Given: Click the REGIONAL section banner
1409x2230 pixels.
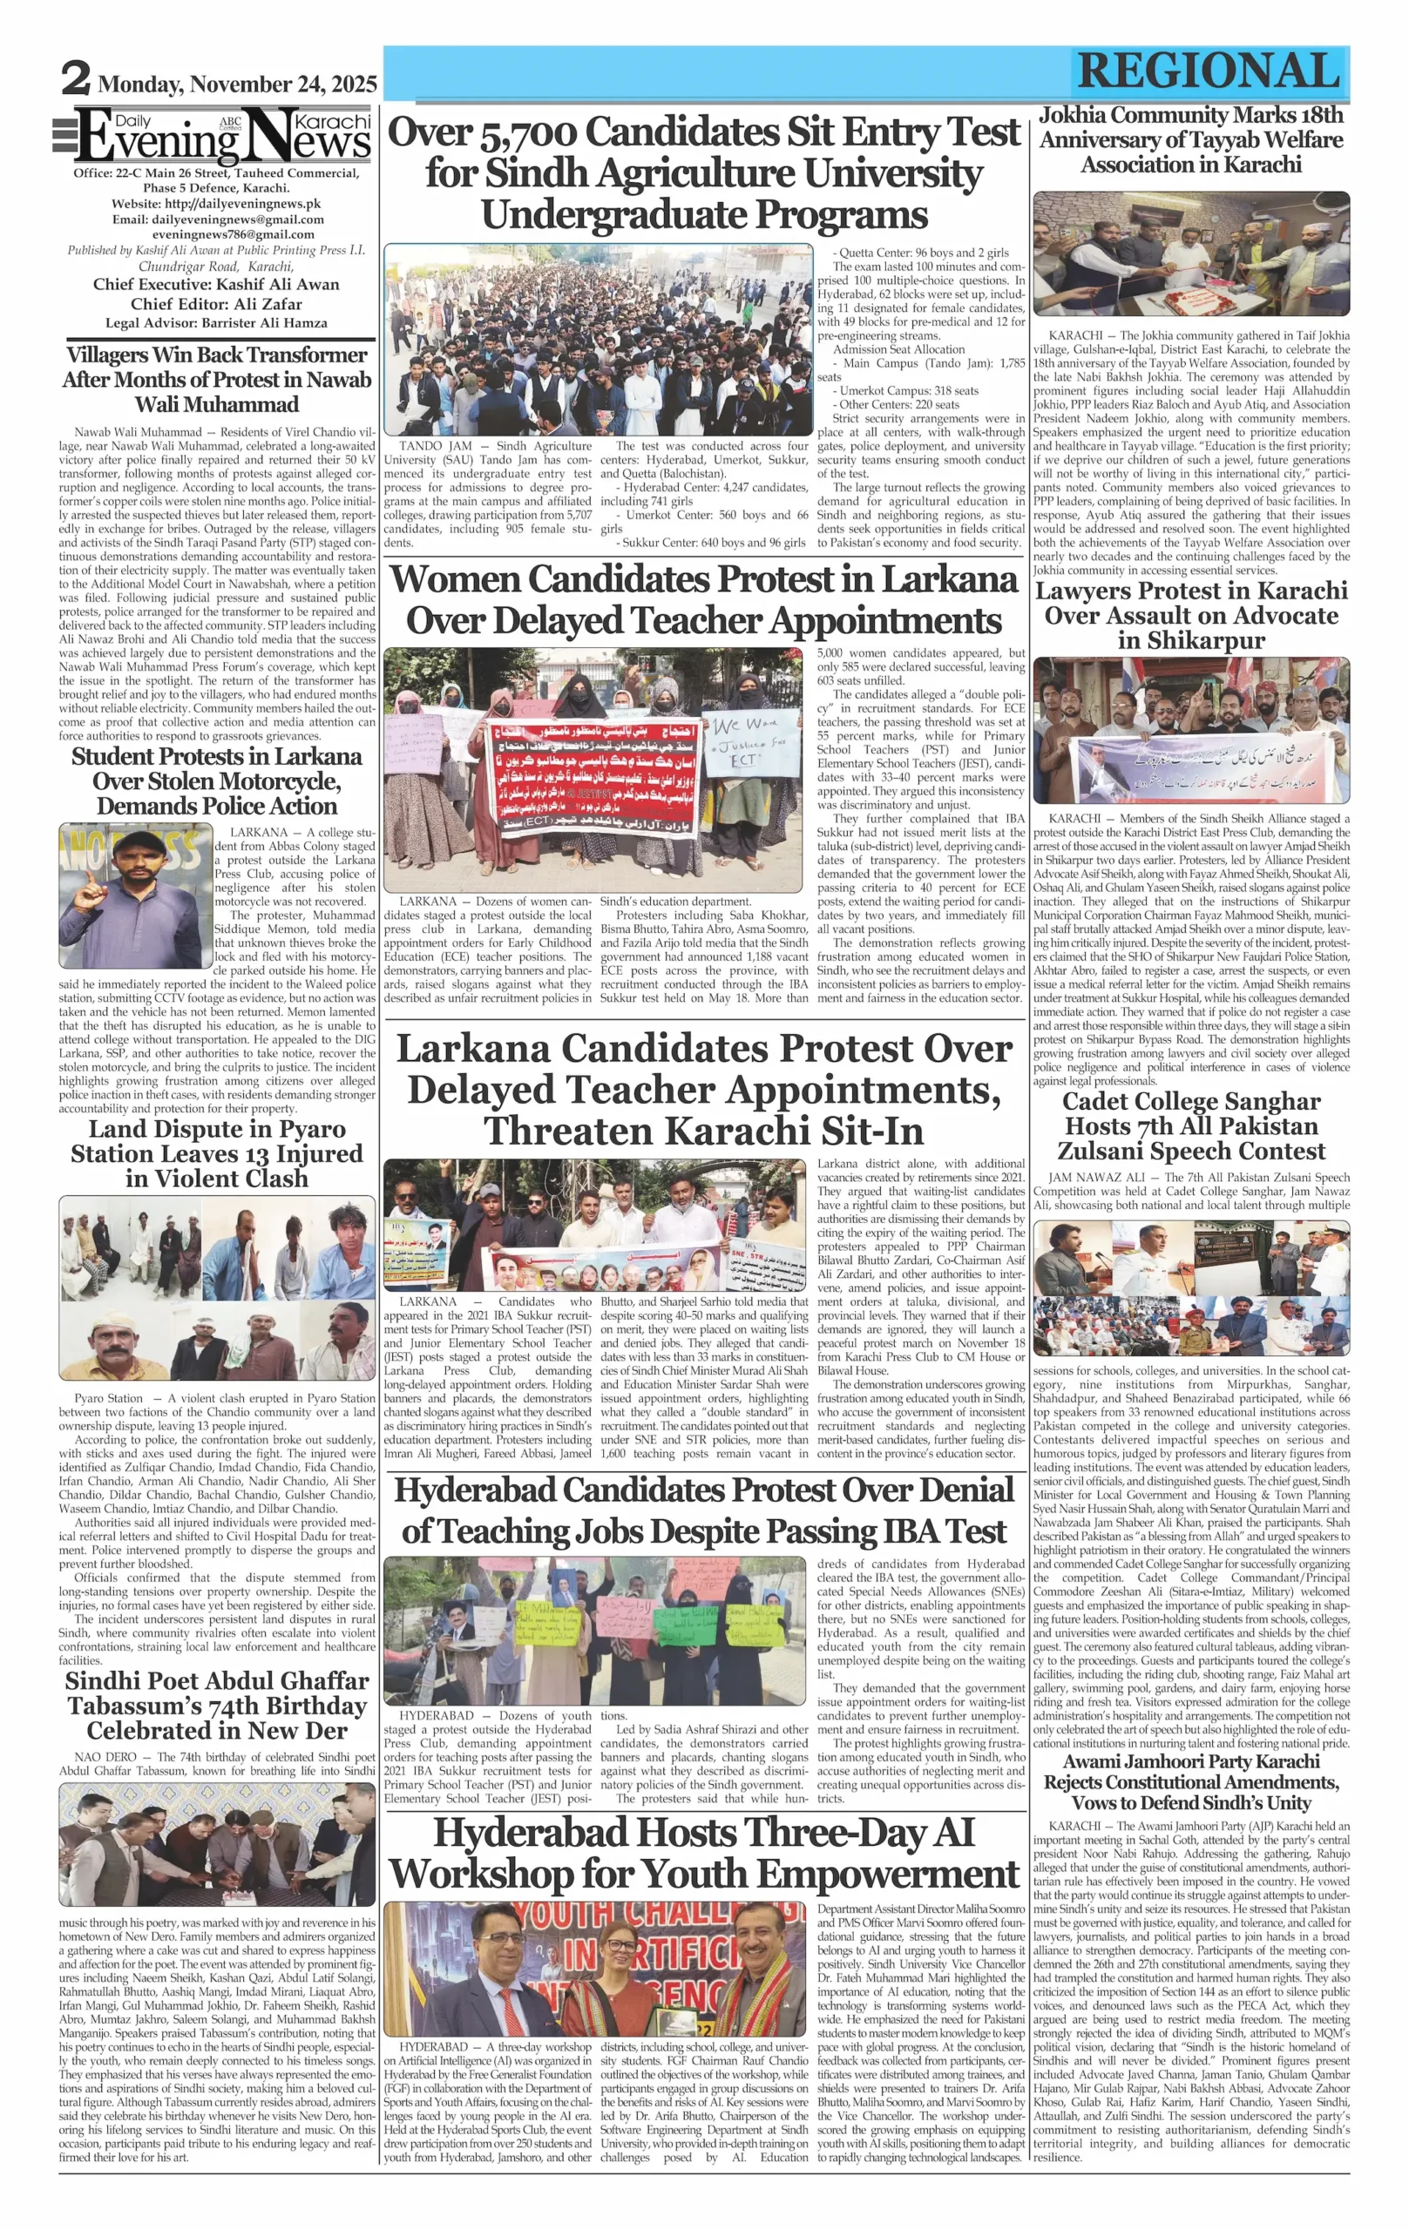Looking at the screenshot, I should coord(1208,71).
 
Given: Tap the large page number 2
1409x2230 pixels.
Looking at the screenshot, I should coord(75,78).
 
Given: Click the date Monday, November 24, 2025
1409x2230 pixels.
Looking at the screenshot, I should coord(237,84).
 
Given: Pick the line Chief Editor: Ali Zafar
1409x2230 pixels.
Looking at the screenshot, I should coord(216,304).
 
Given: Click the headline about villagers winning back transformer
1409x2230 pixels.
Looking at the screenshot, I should coord(216,379).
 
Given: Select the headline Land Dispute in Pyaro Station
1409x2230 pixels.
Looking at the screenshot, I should coord(216,1153).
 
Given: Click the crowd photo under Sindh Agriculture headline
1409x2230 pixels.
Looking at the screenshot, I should coord(599,339).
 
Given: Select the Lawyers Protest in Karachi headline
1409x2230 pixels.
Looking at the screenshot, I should coord(1191,615).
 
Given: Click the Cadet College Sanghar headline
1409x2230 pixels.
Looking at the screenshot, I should coord(1191,1126).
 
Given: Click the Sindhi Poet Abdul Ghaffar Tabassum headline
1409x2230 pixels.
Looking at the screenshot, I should coord(216,1706).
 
